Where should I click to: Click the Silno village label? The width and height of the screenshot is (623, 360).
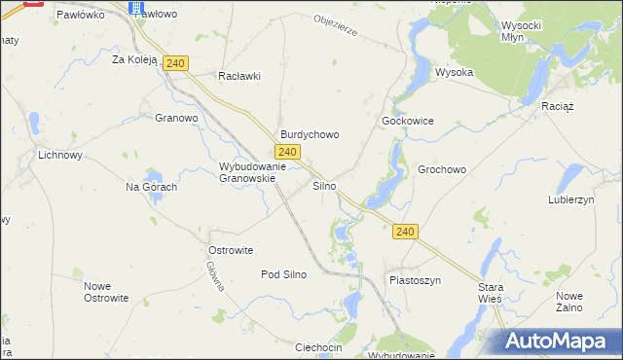[x=324, y=185]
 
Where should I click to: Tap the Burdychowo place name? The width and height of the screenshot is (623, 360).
[x=310, y=135]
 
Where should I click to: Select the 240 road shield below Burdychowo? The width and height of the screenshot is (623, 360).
[x=286, y=152]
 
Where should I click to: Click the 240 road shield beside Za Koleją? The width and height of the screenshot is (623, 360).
[x=175, y=63]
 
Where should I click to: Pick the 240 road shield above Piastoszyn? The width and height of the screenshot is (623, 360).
[x=406, y=232]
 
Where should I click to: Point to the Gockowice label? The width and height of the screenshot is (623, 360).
[x=407, y=121]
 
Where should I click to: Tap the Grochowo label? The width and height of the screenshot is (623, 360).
[x=442, y=169]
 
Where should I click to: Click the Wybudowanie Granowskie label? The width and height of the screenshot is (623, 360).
[x=252, y=172]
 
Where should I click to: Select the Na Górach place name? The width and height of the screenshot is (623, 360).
[x=151, y=187]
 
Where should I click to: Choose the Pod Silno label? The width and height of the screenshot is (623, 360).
[x=283, y=274]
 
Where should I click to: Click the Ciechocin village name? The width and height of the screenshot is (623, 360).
[x=318, y=347]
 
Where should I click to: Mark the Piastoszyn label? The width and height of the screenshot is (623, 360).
[x=416, y=280]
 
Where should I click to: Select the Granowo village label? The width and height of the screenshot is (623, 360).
[x=176, y=118]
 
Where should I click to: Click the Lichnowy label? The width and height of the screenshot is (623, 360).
[x=59, y=155]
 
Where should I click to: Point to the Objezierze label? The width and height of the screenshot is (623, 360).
[x=336, y=24]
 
